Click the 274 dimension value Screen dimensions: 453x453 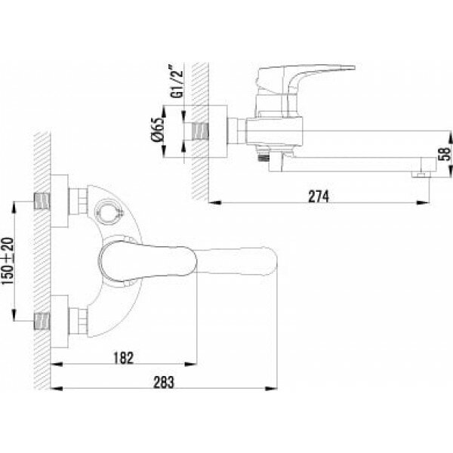coord(317,195)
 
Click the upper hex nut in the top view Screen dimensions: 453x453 coord(75,202)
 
